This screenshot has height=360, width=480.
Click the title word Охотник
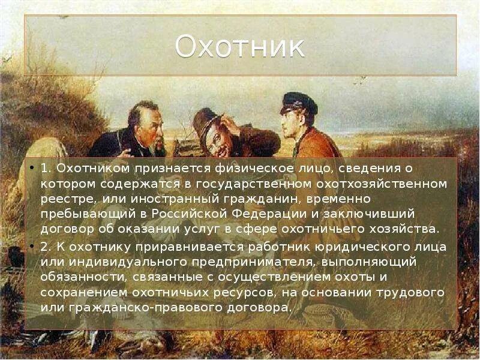coord(239,48)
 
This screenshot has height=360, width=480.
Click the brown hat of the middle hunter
coord(205,120)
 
